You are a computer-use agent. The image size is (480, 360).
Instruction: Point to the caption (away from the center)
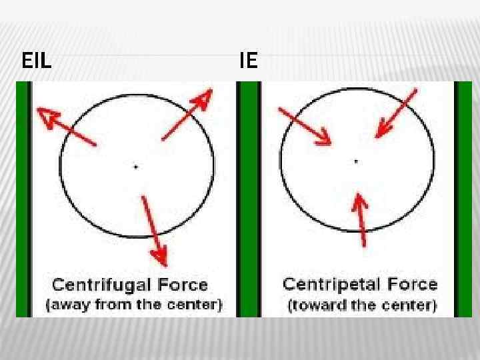click(133, 306)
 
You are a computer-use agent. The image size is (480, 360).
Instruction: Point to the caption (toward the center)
click(362, 306)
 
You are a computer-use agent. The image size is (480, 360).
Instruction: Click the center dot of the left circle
click(136, 166)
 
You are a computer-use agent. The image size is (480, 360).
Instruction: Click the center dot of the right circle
click(356, 161)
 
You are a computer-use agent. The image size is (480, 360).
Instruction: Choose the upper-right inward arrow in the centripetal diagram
click(396, 113)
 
